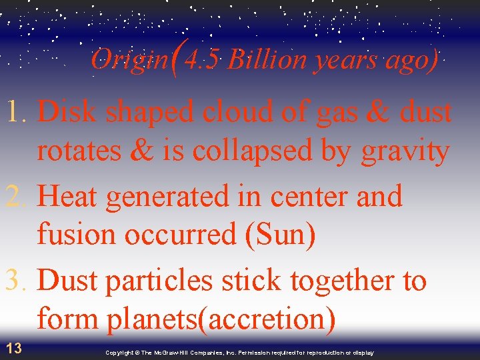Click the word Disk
pos(69,112)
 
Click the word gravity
pos(405,152)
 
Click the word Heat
pos(69,197)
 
